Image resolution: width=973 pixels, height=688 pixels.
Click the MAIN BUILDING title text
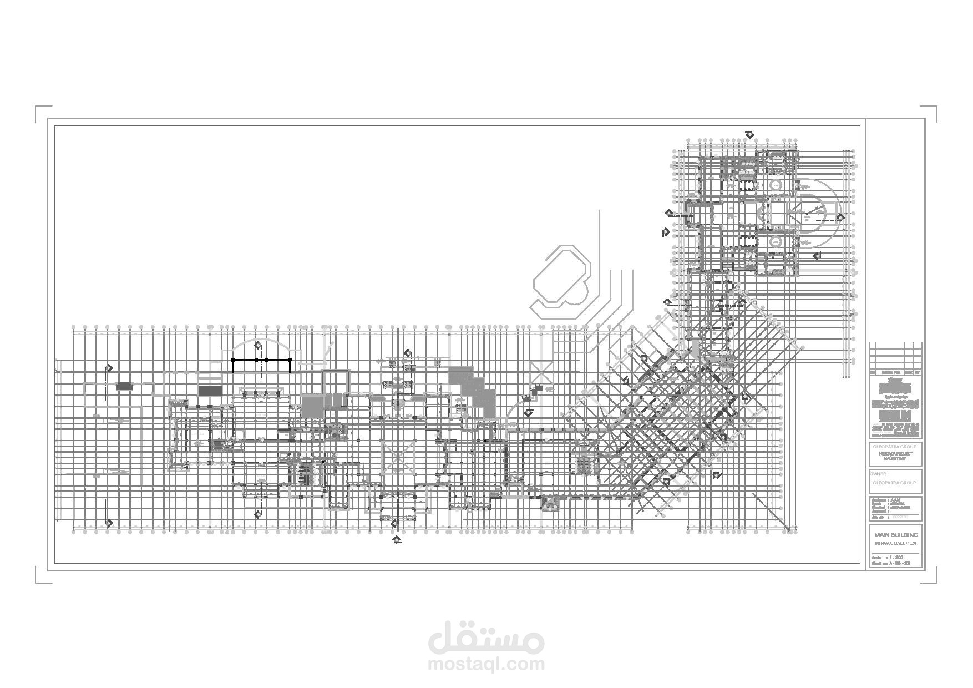pyautogui.click(x=896, y=535)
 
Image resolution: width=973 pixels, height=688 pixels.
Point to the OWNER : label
pyautogui.click(x=879, y=474)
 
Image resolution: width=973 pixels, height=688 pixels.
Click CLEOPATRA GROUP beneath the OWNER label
pyautogui.click(x=894, y=483)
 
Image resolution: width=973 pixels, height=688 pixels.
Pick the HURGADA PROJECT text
pyautogui.click(x=895, y=454)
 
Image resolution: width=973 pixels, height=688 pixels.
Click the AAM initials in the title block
pyautogui.click(x=894, y=499)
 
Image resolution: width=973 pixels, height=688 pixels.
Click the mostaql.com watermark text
pyautogui.click(x=486, y=664)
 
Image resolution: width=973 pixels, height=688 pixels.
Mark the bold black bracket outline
pyautogui.click(x=261, y=360)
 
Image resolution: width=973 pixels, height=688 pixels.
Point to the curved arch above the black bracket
pyautogui.click(x=261, y=342)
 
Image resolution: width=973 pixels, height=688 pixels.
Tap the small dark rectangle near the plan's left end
pyautogui.click(x=124, y=386)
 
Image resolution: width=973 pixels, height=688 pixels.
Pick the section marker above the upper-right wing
pyautogui.click(x=751, y=134)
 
